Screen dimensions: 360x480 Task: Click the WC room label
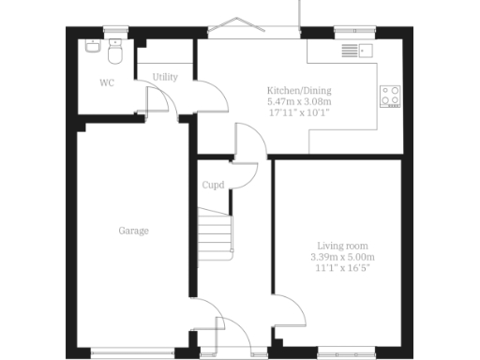(107, 82)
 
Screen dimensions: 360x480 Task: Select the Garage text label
(133, 230)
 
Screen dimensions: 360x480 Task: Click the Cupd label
(213, 185)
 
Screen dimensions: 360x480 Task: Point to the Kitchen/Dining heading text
(299, 91)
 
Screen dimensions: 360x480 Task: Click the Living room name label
(342, 245)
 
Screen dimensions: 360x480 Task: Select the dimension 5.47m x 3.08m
(299, 101)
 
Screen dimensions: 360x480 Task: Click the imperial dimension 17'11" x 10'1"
(299, 112)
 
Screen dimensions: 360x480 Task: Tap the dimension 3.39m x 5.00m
(342, 256)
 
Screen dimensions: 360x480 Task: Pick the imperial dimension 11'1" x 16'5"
(342, 267)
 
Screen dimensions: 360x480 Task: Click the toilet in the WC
(116, 49)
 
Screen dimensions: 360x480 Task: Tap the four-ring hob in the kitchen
(391, 95)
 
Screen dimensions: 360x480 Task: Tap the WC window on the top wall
(115, 29)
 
